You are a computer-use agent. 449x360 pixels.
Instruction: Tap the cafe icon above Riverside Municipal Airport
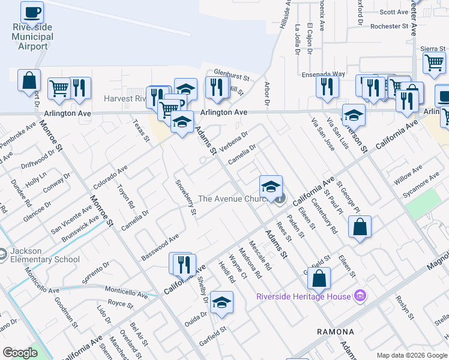(32, 11)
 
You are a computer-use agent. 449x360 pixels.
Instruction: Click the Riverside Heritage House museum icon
(360, 296)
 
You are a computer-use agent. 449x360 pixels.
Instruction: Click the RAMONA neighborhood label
(336, 331)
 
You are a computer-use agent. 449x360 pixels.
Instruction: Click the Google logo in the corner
(20, 353)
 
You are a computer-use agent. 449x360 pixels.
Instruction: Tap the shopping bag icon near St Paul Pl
(359, 227)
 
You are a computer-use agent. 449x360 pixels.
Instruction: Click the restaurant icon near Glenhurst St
(214, 86)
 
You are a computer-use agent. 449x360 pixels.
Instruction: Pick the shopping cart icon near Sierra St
(433, 61)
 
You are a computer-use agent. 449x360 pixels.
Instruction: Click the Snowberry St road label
(185, 197)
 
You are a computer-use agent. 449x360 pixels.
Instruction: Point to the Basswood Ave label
(160, 247)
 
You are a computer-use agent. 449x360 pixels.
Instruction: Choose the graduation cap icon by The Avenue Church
(271, 185)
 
